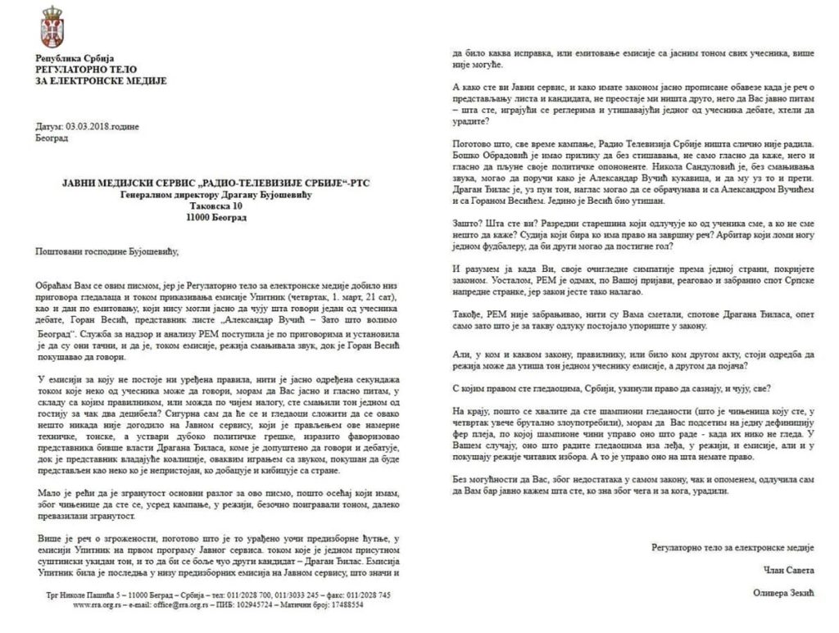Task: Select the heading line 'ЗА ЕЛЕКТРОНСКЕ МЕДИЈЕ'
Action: coord(101,82)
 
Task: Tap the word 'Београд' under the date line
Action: coord(52,139)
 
